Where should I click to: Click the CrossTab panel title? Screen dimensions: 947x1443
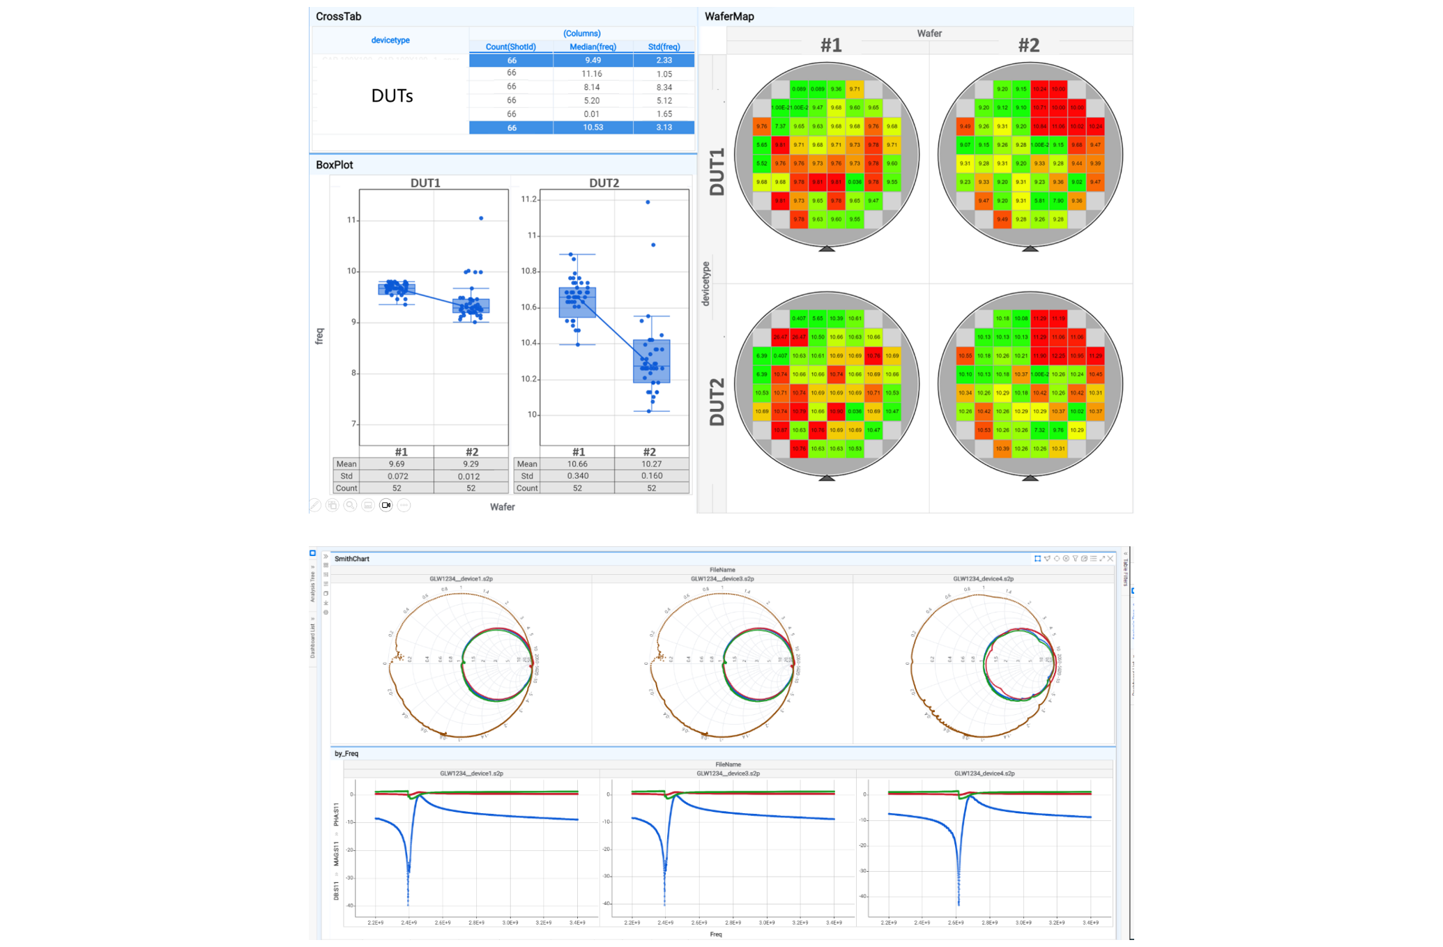point(338,16)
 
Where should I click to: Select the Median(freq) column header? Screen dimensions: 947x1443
point(593,47)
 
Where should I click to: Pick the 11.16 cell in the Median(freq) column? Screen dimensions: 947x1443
point(592,74)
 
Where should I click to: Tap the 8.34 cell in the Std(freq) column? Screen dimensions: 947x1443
point(664,87)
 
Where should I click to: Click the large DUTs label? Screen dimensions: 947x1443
point(392,95)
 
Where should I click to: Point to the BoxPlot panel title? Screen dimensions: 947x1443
point(335,164)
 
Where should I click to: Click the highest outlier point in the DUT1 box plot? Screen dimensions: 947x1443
point(481,218)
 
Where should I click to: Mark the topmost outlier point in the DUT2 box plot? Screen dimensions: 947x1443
point(648,202)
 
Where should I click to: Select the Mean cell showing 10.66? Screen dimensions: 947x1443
point(577,464)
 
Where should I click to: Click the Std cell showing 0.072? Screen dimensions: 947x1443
point(397,476)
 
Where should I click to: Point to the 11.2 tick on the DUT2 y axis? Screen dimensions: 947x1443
point(529,199)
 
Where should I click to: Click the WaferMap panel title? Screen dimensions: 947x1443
point(729,16)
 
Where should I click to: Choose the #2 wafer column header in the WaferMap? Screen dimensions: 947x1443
point(1028,45)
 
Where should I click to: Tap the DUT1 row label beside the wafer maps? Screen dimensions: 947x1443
point(717,171)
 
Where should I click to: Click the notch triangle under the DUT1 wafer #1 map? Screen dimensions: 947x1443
point(827,248)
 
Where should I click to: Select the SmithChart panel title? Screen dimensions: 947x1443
point(352,559)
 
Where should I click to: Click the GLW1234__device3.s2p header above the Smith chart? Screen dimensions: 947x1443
point(722,579)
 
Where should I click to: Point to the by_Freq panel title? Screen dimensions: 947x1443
point(346,753)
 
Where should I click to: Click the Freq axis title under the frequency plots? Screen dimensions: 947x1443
point(715,934)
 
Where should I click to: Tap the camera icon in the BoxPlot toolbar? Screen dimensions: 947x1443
point(386,505)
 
